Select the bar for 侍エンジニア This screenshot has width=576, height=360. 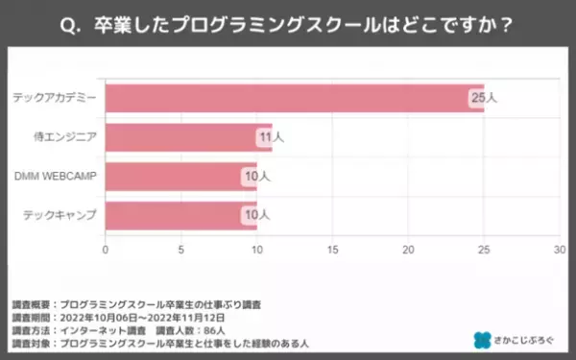point(187,137)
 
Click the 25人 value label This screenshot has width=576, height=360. point(482,98)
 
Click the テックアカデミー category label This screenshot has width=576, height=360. point(55,98)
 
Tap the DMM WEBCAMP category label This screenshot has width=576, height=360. point(56,177)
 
